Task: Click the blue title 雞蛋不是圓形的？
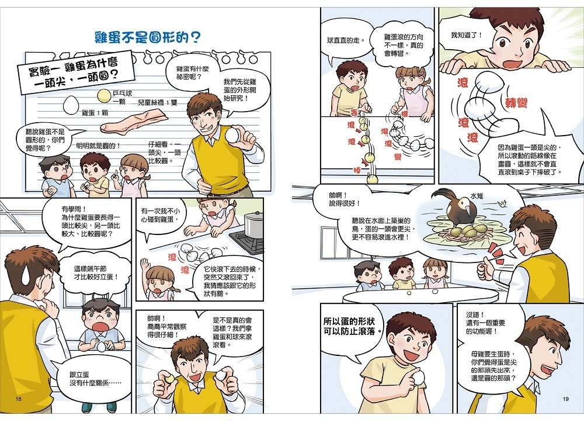[x=148, y=37]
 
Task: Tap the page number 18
[x=19, y=399]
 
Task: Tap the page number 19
[x=566, y=399]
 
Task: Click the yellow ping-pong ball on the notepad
[x=104, y=96]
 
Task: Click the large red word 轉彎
[x=516, y=102]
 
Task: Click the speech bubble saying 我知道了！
[x=467, y=37]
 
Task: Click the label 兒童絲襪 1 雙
[x=158, y=102]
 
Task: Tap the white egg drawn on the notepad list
[x=69, y=105]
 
